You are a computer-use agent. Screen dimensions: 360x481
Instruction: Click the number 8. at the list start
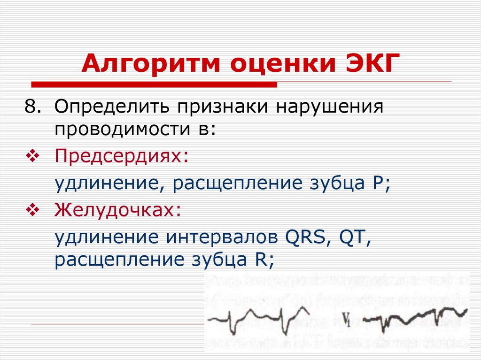[33, 107]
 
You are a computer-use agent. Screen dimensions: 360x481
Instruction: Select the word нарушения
[330, 107]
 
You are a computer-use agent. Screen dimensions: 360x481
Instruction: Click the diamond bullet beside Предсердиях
[33, 156]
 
